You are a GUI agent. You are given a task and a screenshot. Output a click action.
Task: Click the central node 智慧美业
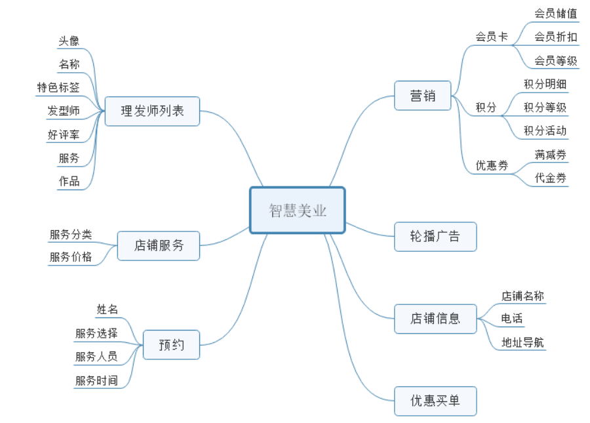coord(297,211)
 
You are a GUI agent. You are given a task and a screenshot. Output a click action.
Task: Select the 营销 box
coord(423,96)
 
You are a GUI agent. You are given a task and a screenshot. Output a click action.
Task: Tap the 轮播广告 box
coord(435,237)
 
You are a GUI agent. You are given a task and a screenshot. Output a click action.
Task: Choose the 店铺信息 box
coord(435,319)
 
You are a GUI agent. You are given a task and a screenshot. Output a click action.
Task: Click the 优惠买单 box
coord(435,401)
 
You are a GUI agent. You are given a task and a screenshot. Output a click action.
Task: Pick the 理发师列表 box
coord(152,111)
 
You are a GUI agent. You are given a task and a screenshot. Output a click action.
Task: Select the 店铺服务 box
coord(159,246)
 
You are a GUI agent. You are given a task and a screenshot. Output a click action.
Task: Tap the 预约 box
coord(171,345)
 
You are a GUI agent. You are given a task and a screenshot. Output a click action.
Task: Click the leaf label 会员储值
coord(556,13)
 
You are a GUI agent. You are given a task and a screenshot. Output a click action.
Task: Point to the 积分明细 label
coord(545,83)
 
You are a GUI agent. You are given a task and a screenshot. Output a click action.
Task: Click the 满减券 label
coord(551,155)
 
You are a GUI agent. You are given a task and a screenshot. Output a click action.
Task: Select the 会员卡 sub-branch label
coord(492,37)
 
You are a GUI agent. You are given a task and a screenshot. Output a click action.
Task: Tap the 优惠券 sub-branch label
coord(492,165)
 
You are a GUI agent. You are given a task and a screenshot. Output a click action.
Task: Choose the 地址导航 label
coord(522,342)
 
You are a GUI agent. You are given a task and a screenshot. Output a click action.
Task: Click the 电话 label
coord(512,319)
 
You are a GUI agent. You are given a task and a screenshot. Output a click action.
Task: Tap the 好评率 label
coord(64,135)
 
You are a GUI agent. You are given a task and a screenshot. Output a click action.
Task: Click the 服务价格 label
coord(71,257)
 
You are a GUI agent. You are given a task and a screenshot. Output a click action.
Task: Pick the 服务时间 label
coord(96,380)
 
